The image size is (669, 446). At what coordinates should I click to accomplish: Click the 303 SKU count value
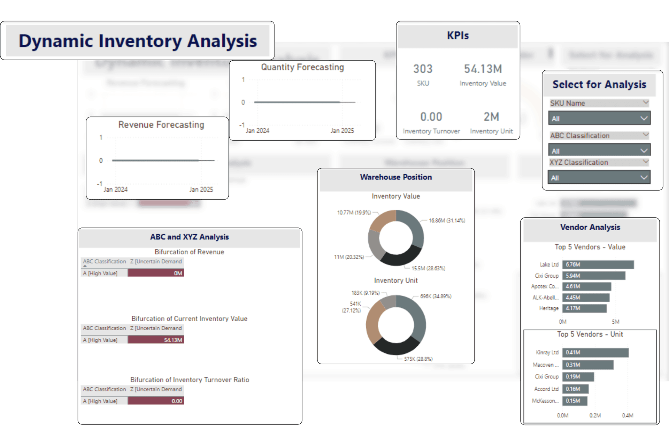[x=423, y=69]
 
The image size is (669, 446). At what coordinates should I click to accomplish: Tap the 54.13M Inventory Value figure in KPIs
[x=483, y=69]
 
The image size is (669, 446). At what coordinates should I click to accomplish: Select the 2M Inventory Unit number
[x=491, y=117]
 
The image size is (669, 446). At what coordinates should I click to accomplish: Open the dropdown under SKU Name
[x=599, y=118]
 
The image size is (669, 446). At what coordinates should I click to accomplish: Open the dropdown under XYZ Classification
[x=599, y=178]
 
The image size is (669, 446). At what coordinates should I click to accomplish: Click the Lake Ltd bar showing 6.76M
[x=598, y=264]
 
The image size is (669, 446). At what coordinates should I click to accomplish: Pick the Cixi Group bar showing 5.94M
[x=594, y=276]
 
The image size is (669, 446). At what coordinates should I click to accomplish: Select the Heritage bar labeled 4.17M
[x=584, y=308]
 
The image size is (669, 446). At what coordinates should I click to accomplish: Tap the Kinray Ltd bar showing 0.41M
[x=595, y=353]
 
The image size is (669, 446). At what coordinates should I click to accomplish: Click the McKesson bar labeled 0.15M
[x=575, y=401]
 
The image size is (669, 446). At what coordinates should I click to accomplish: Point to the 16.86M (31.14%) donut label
[x=447, y=221]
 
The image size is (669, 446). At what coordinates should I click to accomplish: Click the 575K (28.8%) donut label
[x=418, y=359]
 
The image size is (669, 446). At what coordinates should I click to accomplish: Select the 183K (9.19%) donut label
[x=365, y=293]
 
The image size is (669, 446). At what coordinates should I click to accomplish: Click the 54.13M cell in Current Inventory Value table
[x=156, y=340]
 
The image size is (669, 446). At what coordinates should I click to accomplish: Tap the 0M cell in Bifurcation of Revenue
[x=156, y=273]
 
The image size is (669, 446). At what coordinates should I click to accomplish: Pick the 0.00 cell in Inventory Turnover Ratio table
[x=156, y=401]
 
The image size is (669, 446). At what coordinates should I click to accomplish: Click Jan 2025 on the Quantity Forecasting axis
[x=342, y=131]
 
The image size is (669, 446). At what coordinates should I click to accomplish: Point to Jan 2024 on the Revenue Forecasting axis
[x=116, y=190]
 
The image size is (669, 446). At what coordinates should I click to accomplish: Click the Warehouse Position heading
[x=396, y=177]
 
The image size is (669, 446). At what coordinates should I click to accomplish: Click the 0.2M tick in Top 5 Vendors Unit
[x=595, y=415]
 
